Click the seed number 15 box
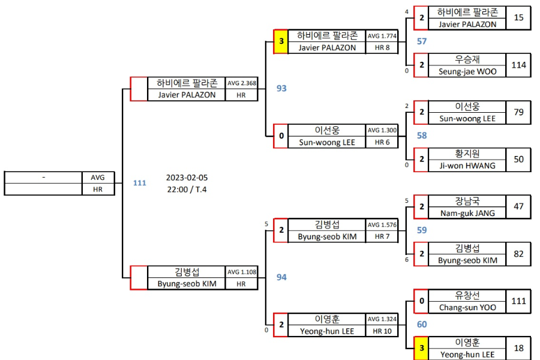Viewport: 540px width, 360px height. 518,18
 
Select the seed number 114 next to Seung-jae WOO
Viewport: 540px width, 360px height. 518,65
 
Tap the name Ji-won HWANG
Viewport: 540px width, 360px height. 467,165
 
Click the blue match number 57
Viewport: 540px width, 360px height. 422,41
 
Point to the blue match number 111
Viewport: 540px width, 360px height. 140,183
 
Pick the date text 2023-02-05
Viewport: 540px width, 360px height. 187,178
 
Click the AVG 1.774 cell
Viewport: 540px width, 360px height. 382,36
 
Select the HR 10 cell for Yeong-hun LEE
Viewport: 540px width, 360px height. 382,331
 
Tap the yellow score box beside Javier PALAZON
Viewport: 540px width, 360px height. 281,42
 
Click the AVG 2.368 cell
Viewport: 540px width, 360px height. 241,83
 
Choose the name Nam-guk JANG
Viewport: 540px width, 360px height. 467,212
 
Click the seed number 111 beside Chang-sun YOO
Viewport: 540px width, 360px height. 518,301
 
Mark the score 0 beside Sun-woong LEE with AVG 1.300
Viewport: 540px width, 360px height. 281,136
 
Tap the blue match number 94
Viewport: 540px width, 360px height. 281,277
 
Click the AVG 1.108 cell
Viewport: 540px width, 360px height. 241,272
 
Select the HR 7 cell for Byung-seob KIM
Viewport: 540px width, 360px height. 382,236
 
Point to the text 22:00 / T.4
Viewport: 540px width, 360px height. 187,189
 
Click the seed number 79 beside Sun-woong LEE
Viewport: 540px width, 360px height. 518,112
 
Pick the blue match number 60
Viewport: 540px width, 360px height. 422,325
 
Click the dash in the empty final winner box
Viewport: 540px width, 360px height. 44,178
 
